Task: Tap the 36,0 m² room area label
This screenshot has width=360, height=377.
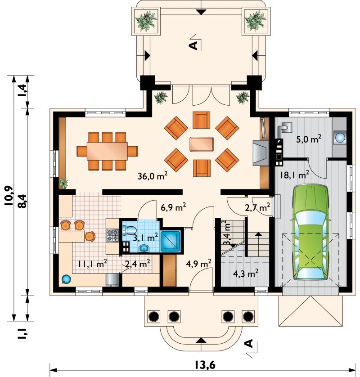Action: (x=153, y=176)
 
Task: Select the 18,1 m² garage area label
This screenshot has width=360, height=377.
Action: (x=294, y=175)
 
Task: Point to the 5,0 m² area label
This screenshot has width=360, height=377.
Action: (x=309, y=139)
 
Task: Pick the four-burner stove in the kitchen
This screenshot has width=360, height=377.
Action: (x=113, y=235)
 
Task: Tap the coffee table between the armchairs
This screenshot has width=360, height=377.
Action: (x=202, y=144)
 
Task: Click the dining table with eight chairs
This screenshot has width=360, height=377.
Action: (x=107, y=151)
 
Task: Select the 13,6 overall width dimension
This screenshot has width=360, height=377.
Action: (x=205, y=365)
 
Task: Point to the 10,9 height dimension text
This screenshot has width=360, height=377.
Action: (x=9, y=196)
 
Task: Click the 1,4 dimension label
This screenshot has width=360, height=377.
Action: (x=23, y=90)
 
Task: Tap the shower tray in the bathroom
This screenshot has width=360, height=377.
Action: (x=171, y=242)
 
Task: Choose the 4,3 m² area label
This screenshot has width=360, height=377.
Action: (x=246, y=274)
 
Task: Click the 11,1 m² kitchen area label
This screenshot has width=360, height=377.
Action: (x=92, y=264)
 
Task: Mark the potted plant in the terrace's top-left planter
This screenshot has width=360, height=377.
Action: (x=146, y=21)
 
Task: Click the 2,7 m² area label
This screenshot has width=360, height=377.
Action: (x=257, y=207)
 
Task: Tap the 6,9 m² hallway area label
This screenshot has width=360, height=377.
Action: (x=173, y=207)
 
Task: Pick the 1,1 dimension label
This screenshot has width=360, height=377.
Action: (x=23, y=333)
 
